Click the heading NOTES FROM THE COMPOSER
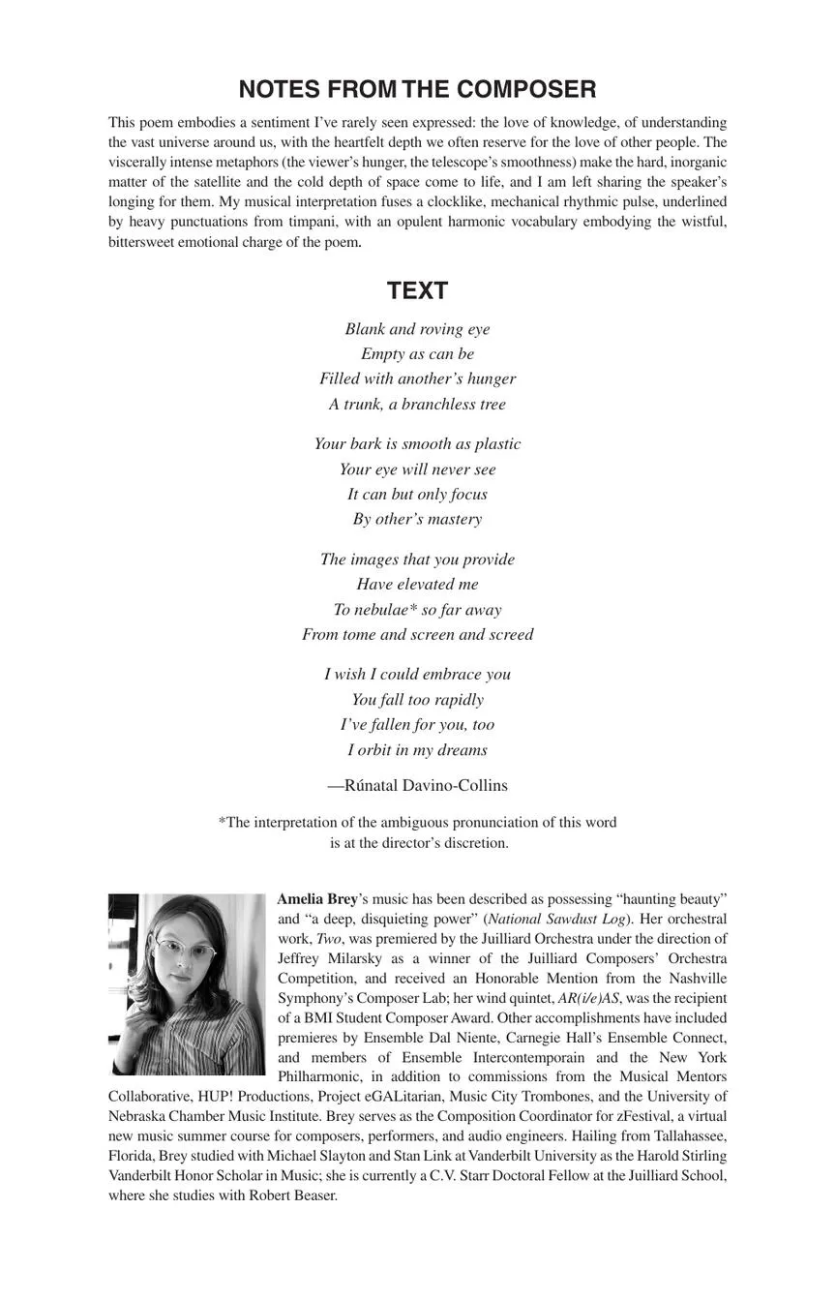[417, 90]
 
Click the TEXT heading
[417, 290]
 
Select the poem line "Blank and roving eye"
[417, 329]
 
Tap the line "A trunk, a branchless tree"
[417, 405]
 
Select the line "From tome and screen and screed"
[417, 635]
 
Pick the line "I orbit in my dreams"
[417, 750]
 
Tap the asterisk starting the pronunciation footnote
[222, 822]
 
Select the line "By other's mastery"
[417, 520]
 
